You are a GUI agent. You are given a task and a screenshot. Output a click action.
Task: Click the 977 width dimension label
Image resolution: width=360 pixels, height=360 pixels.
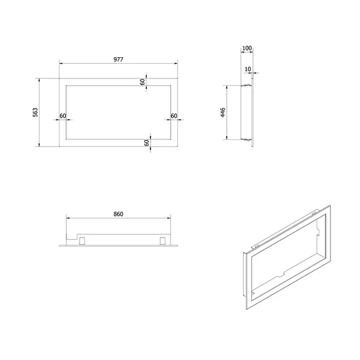(x=118, y=60)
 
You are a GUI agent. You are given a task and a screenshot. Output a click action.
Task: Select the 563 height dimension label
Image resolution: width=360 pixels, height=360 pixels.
(x=35, y=112)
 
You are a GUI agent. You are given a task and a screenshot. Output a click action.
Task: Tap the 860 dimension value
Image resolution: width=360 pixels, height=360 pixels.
(x=118, y=214)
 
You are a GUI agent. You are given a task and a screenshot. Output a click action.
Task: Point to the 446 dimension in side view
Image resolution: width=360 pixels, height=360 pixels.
(x=222, y=112)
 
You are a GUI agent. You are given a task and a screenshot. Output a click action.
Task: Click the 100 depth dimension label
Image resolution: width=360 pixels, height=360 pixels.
(x=247, y=48)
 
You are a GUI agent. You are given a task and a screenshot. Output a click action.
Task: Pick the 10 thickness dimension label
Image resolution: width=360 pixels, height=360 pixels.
(x=248, y=69)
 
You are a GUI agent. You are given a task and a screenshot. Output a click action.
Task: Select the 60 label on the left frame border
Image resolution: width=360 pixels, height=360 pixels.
(x=63, y=116)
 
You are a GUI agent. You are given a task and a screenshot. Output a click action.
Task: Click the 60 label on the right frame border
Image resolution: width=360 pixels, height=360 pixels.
(x=174, y=116)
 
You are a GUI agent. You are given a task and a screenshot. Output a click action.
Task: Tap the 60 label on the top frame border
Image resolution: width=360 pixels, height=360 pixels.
(x=143, y=82)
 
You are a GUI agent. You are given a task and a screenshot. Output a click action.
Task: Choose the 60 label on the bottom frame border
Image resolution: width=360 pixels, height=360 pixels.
(x=146, y=143)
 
